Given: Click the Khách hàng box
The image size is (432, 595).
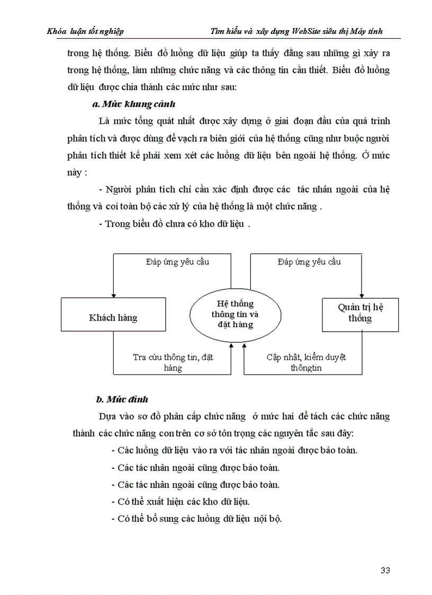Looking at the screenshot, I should click(x=113, y=318).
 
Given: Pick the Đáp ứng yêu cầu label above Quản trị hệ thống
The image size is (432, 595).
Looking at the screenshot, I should click(x=309, y=262).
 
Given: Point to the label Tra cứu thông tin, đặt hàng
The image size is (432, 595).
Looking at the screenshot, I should click(x=173, y=362).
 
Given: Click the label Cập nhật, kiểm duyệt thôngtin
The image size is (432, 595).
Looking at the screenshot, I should click(x=306, y=362).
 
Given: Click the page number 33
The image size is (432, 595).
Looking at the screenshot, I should click(x=385, y=570).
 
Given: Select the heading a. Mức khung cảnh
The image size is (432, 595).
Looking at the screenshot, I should click(x=134, y=103).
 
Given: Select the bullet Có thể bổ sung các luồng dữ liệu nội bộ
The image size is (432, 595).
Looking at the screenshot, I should click(x=197, y=519).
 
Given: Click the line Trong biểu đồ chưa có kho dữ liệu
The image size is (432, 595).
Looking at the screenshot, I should click(x=174, y=224).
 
